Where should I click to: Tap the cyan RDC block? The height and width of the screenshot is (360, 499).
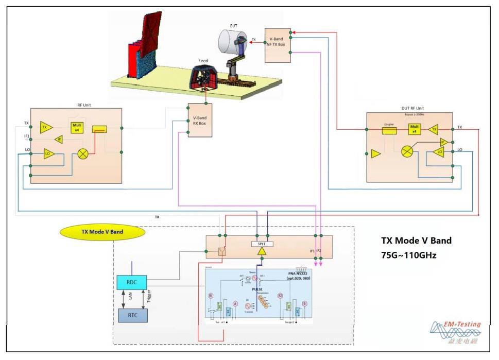pos(132,282)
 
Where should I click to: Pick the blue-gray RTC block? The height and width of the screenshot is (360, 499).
pos(132,314)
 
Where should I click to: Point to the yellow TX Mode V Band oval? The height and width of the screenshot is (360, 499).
pos(102,232)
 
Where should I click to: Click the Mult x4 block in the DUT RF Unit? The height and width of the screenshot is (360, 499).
pos(414,129)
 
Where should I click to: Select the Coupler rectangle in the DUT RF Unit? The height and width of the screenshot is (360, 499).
pos(389,131)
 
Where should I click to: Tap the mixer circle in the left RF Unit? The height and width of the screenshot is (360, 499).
pos(83,153)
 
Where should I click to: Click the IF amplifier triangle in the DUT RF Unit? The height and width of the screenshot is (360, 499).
pos(442,142)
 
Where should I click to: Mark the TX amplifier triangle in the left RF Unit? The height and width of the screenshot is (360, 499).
pos(46,127)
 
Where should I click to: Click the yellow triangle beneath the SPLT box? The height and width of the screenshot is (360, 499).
pos(262,251)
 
